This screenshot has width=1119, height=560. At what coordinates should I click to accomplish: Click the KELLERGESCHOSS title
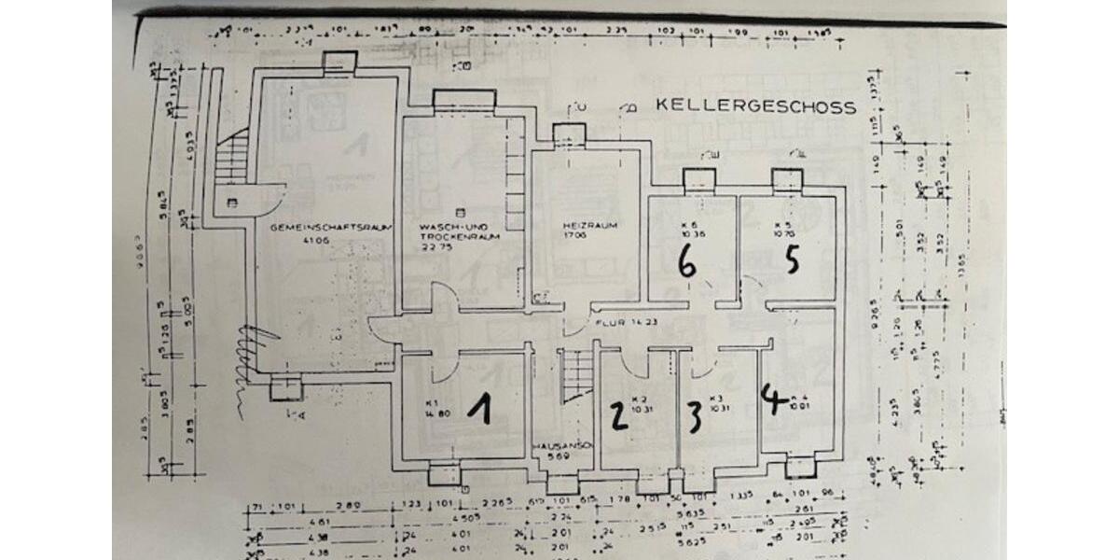point(755,106)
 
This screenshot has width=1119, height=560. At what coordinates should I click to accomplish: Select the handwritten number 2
point(616,417)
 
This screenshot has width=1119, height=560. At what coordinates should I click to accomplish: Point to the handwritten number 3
point(694,417)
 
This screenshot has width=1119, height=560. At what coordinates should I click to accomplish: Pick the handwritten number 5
point(792,260)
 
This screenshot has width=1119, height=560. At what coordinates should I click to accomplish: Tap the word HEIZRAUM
point(585,226)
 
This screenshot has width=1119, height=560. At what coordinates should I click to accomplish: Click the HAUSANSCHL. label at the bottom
point(561,445)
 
